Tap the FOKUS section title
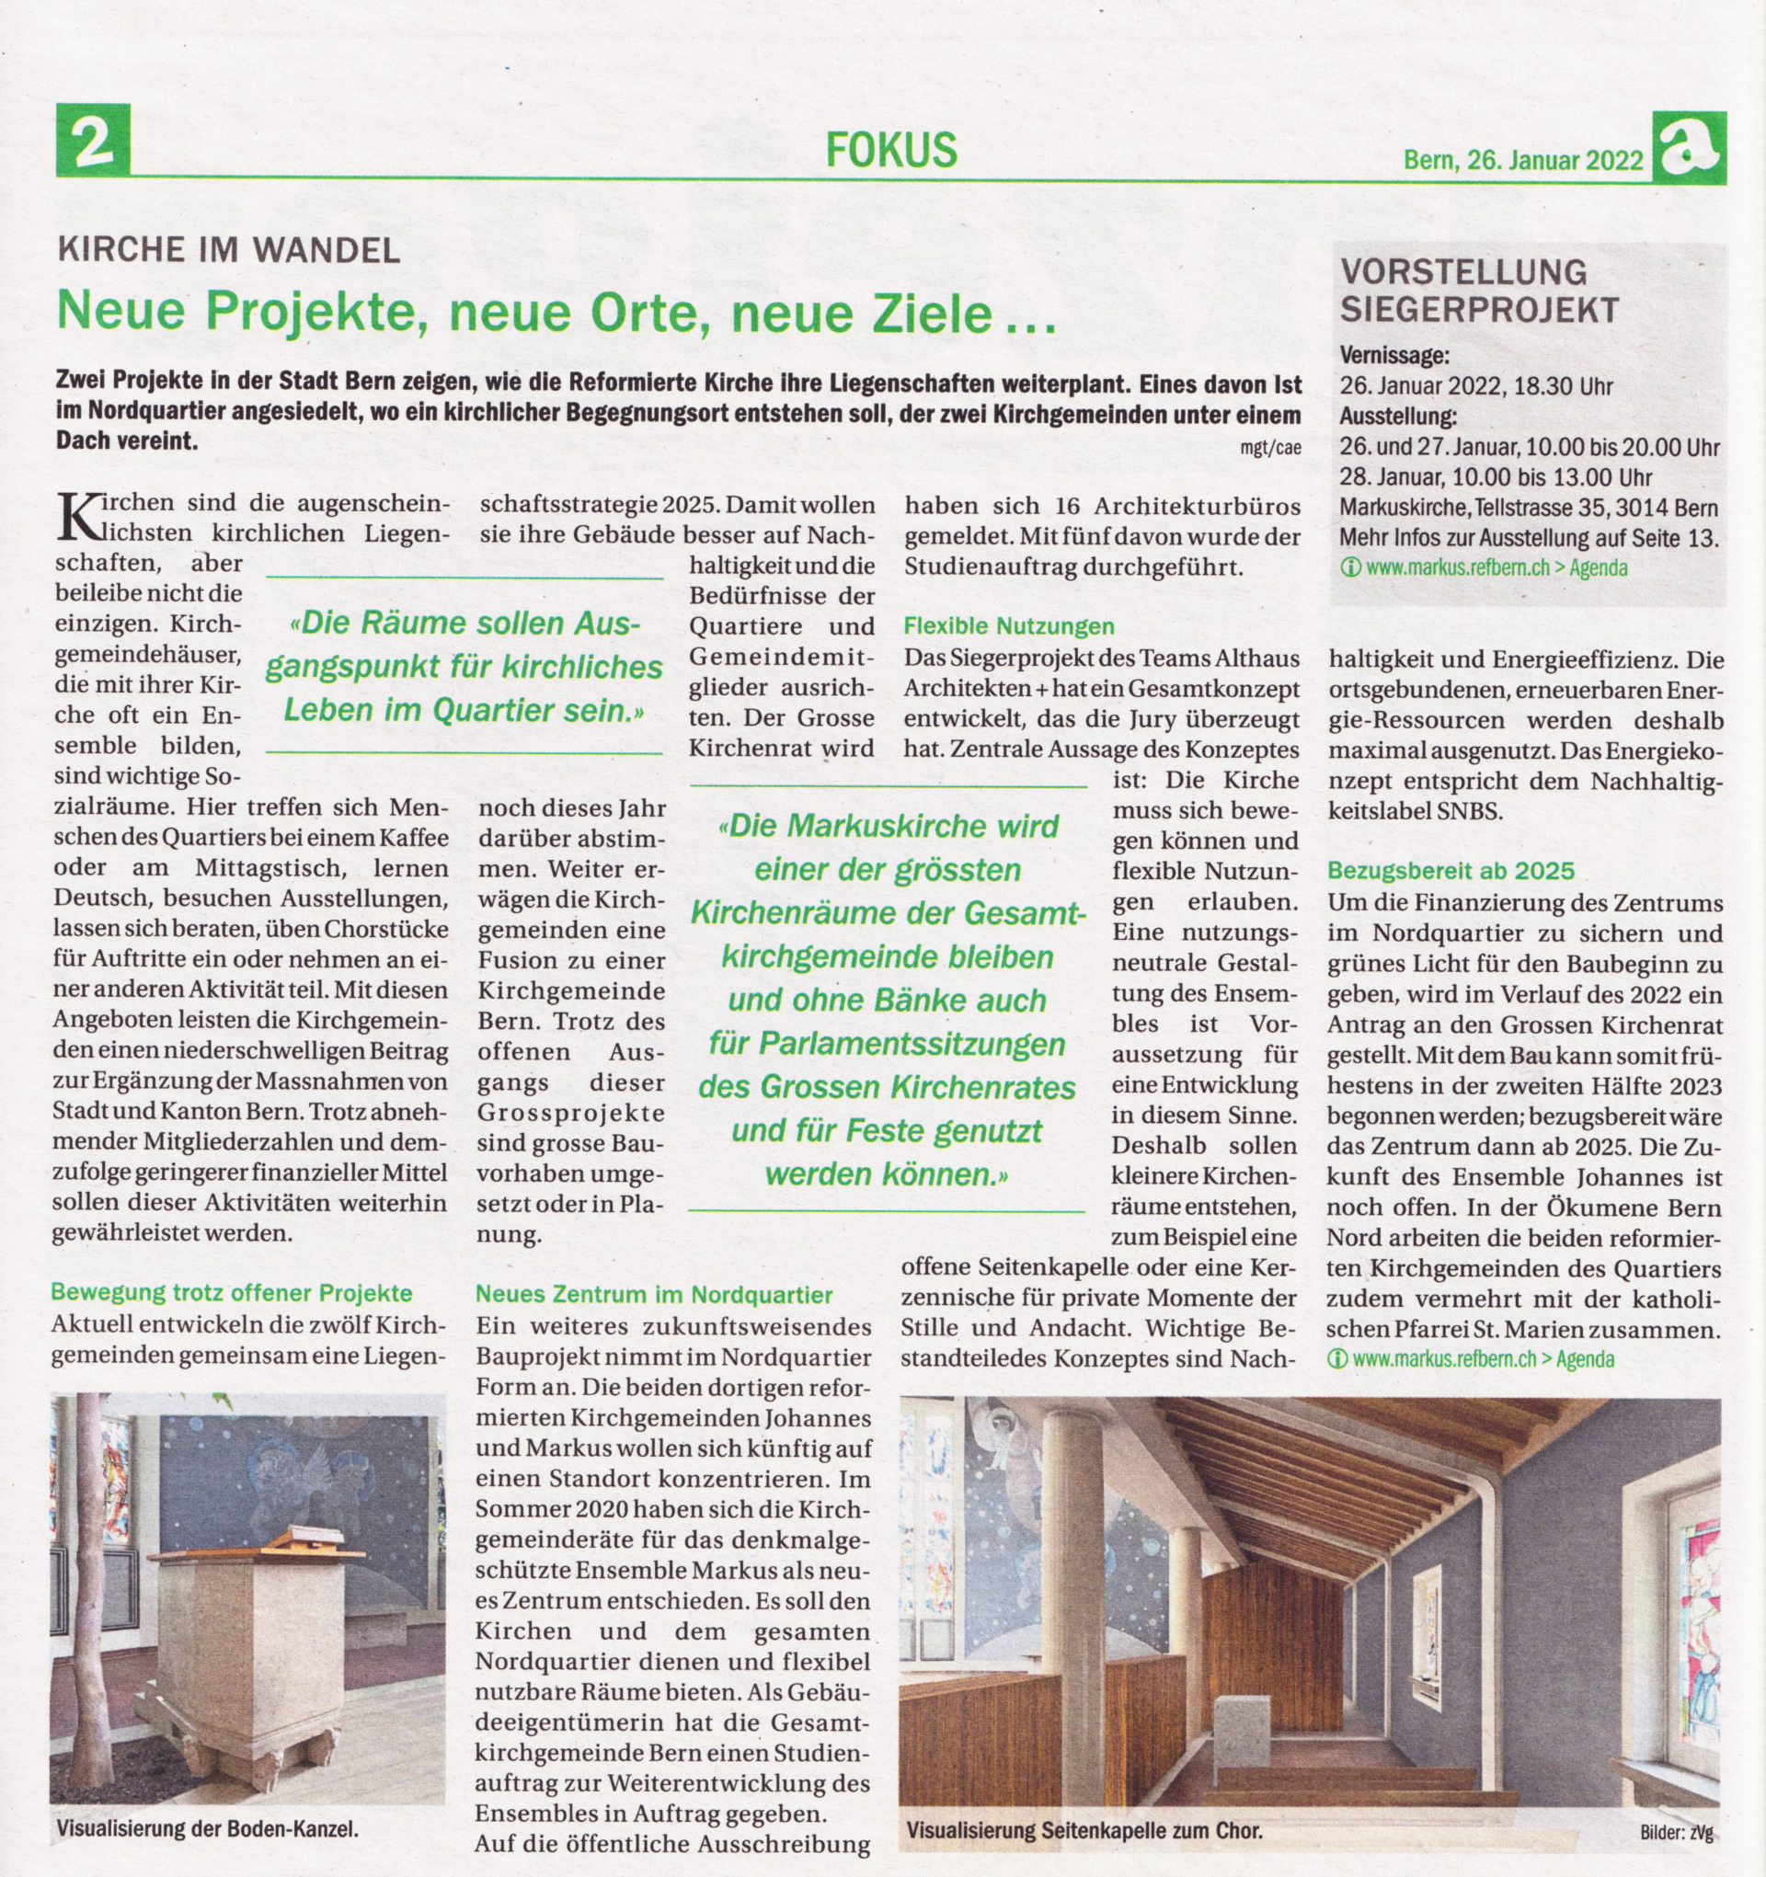click(x=890, y=149)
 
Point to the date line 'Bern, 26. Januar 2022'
click(x=1523, y=161)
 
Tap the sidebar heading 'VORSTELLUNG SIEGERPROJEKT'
click(x=1479, y=290)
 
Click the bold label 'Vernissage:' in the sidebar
click(x=1393, y=356)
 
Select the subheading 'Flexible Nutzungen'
click(x=1009, y=626)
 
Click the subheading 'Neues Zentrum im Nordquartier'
click(x=654, y=1294)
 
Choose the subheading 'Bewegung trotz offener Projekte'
click(x=232, y=1291)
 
